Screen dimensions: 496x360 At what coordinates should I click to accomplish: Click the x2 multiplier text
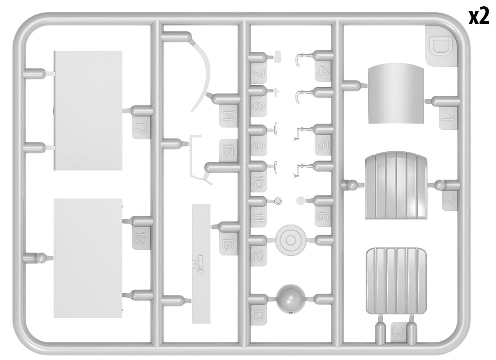(x=479, y=17)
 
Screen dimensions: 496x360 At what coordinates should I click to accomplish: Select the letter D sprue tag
(x=440, y=46)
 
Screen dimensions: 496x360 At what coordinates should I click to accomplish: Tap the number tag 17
(x=140, y=127)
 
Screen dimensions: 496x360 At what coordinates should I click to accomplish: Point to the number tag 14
(x=227, y=115)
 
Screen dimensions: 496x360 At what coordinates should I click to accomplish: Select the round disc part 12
(x=291, y=241)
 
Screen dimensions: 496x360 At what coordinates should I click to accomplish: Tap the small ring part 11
(x=278, y=201)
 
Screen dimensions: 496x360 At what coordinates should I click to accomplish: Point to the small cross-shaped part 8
(x=276, y=92)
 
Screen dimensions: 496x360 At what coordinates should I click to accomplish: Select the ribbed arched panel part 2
(x=396, y=185)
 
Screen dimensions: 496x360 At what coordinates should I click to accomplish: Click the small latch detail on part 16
(x=200, y=263)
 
